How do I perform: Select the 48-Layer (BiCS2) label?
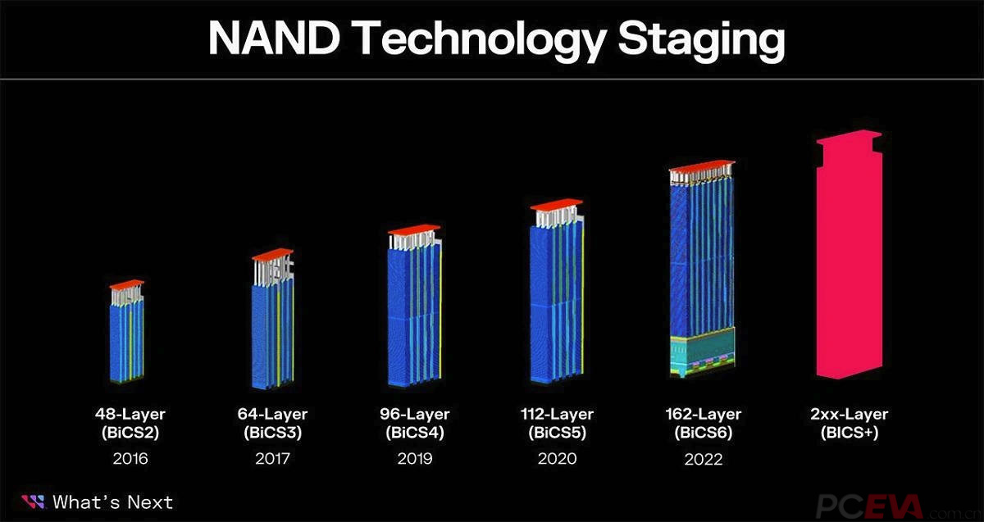tap(131, 424)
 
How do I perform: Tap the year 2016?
tap(131, 459)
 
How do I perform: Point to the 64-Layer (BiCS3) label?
tap(272, 424)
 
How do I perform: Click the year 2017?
tap(272, 459)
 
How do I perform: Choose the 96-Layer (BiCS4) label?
tap(414, 424)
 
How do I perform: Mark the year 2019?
tap(414, 459)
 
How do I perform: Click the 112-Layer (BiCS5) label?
tap(557, 424)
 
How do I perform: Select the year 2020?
tap(557, 459)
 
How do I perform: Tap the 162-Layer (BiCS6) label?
tap(703, 424)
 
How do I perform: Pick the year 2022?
tap(703, 459)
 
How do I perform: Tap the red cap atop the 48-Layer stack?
tap(126, 284)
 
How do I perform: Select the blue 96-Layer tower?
tap(414, 315)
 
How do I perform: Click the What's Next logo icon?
tap(33, 502)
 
